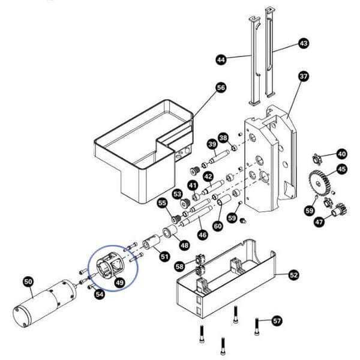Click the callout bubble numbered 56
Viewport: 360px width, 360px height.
(221, 88)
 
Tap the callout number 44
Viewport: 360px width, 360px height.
(221, 59)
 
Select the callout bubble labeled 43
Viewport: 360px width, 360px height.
(303, 44)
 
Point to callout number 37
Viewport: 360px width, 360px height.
(303, 76)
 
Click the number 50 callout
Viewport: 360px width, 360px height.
(28, 281)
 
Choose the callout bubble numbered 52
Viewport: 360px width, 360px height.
(293, 275)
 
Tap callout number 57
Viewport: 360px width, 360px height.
(276, 320)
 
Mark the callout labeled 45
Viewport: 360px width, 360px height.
(341, 169)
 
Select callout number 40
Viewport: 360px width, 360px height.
(341, 153)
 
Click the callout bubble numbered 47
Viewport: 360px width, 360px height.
(319, 222)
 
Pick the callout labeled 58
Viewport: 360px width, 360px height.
(179, 266)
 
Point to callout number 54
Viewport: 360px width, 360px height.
(100, 294)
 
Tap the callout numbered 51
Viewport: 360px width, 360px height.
(164, 257)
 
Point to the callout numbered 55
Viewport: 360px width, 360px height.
(162, 203)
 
